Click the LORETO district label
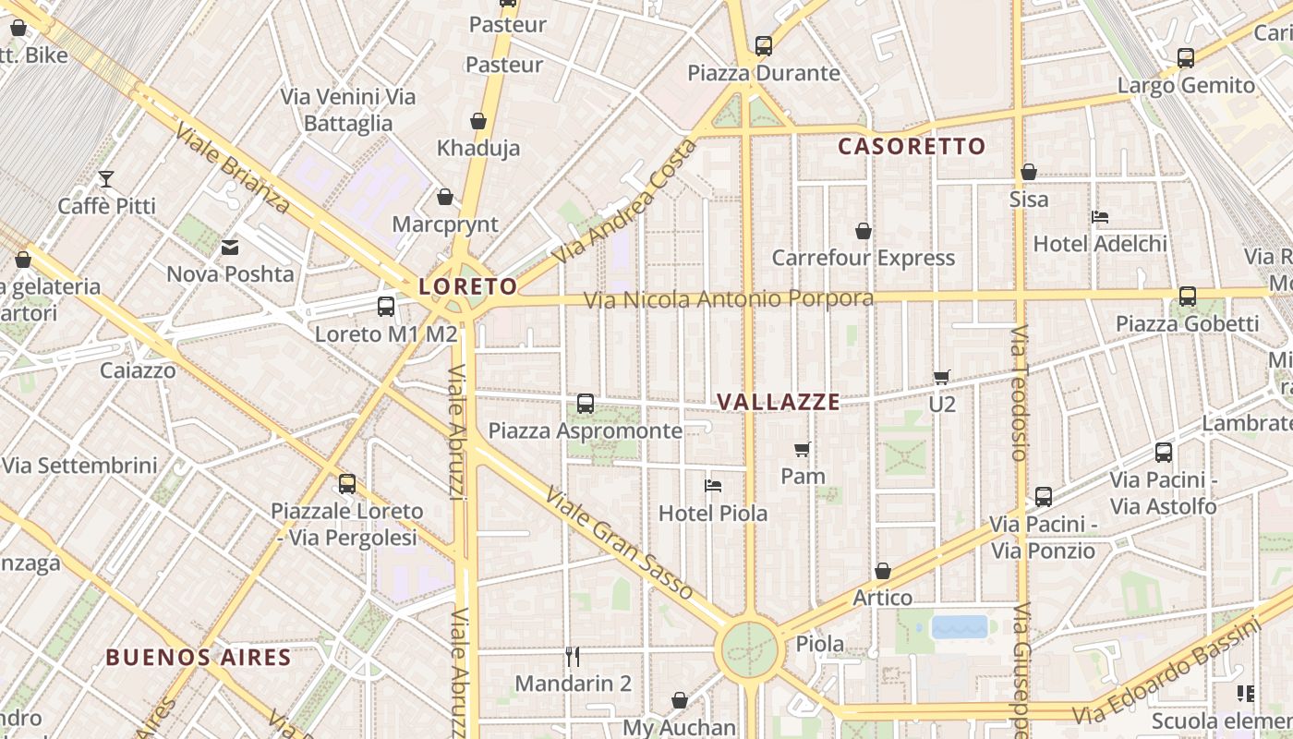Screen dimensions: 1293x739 pyautogui.click(x=467, y=286)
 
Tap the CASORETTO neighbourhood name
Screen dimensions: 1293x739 pyautogui.click(x=912, y=146)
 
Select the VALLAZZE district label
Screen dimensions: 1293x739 pyautogui.click(x=779, y=402)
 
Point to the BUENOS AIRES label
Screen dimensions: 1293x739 pyautogui.click(x=199, y=658)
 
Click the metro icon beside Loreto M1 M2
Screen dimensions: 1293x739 pyautogui.click(x=386, y=307)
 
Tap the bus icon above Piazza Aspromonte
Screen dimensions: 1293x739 pyautogui.click(x=586, y=403)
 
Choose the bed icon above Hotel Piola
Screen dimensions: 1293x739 pyautogui.click(x=713, y=485)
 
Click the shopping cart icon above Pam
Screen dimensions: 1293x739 pyautogui.click(x=803, y=449)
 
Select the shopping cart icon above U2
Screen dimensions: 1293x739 pyautogui.click(x=942, y=376)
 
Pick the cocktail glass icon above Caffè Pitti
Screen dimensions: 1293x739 pyautogui.click(x=107, y=178)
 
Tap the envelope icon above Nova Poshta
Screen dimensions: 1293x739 pyautogui.click(x=230, y=248)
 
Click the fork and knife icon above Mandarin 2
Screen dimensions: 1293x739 pyautogui.click(x=573, y=657)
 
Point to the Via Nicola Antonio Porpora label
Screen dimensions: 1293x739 pyautogui.click(x=729, y=299)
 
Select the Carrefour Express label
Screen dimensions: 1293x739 pyautogui.click(x=863, y=258)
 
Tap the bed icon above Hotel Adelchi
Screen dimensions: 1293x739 pyautogui.click(x=1100, y=217)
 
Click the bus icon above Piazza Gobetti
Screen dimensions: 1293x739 pyautogui.click(x=1188, y=297)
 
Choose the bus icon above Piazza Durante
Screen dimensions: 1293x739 pyautogui.click(x=764, y=45)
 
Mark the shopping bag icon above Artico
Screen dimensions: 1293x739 pyautogui.click(x=883, y=571)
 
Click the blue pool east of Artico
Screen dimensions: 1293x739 pyautogui.click(x=960, y=627)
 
